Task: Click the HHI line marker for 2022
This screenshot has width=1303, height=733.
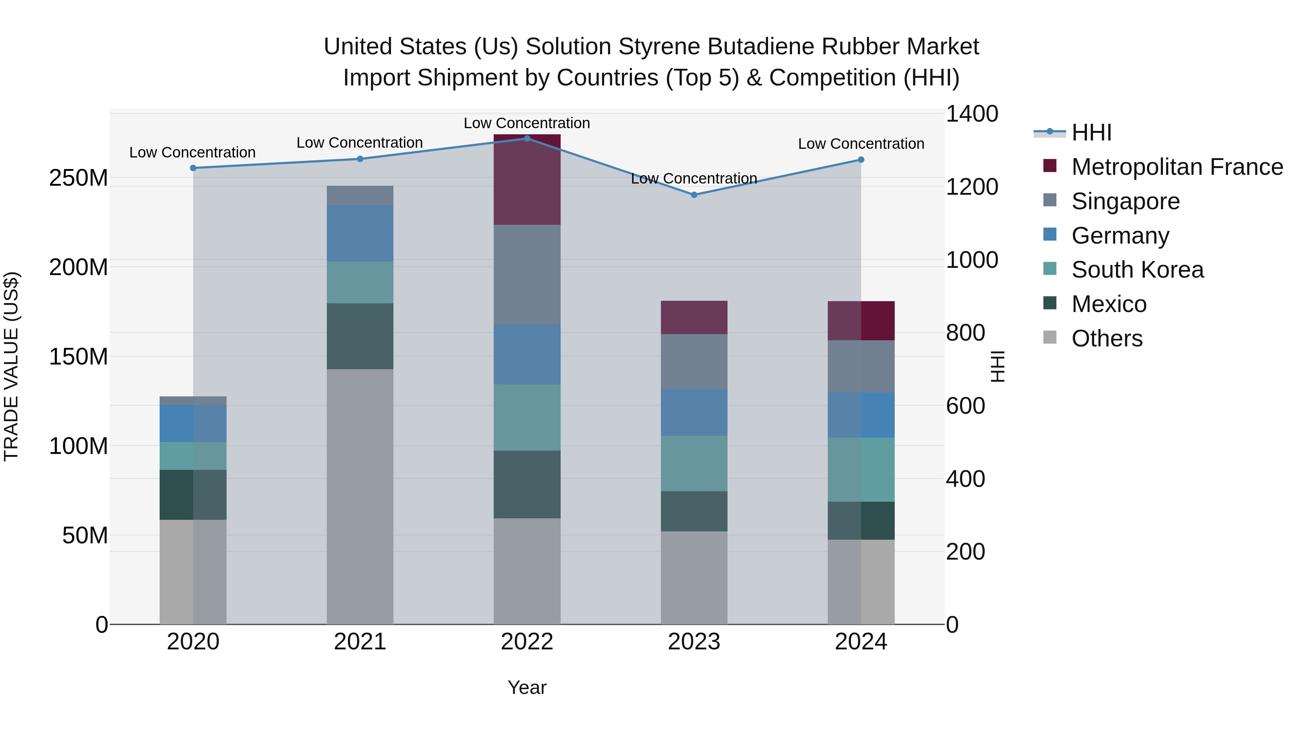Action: tap(527, 138)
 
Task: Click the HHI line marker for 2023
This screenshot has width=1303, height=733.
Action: tap(694, 195)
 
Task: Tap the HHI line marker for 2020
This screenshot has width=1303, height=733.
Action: tap(193, 168)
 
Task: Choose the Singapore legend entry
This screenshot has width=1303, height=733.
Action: tap(1125, 201)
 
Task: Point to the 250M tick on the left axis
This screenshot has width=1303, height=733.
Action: tap(79, 178)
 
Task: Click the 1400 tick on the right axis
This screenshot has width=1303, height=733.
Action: tap(972, 114)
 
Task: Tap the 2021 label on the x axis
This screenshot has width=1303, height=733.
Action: tap(360, 642)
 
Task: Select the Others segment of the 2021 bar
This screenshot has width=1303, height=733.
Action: tap(360, 496)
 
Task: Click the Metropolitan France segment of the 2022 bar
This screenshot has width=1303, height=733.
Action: tap(527, 180)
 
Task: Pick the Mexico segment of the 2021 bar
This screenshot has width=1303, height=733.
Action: tap(360, 336)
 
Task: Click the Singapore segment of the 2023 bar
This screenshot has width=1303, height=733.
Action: tap(694, 361)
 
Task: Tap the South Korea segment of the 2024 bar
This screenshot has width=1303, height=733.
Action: tap(861, 469)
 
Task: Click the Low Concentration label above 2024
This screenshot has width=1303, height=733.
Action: tap(861, 144)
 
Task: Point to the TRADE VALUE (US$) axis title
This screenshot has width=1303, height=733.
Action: tap(11, 366)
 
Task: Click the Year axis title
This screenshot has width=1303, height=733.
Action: tap(527, 687)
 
